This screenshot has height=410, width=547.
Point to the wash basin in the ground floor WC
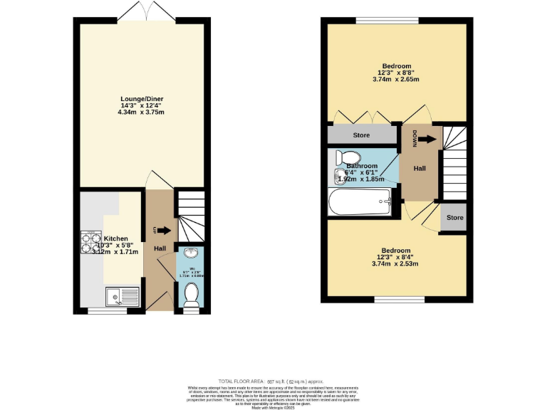[190, 253]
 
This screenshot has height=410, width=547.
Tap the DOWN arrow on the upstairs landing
[424, 140]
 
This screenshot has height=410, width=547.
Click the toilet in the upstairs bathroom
[348, 157]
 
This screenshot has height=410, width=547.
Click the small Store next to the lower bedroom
[454, 218]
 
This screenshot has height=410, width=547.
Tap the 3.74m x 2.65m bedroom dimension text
[395, 79]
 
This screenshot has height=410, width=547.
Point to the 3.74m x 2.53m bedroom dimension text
[395, 263]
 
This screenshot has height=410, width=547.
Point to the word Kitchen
[116, 238]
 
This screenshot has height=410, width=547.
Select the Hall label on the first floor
[420, 169]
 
